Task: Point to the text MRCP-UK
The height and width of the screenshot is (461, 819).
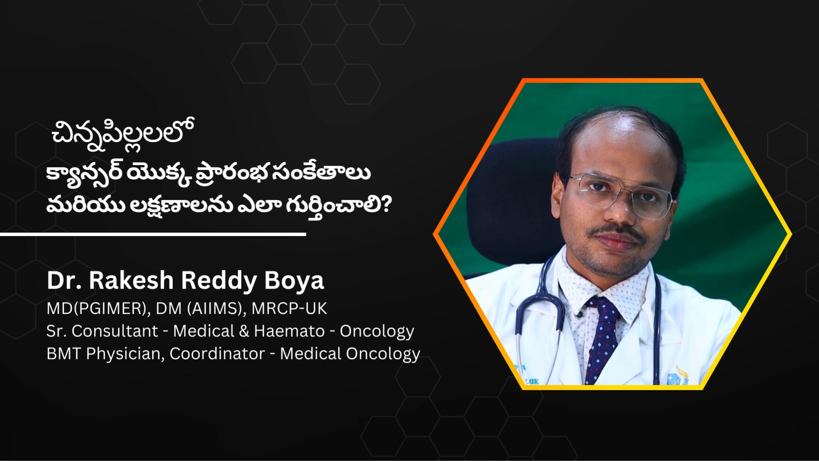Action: coord(289,308)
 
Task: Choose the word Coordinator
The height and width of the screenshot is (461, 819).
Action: coord(218,353)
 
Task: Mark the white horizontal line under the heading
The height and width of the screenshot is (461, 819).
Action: coord(153,234)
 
